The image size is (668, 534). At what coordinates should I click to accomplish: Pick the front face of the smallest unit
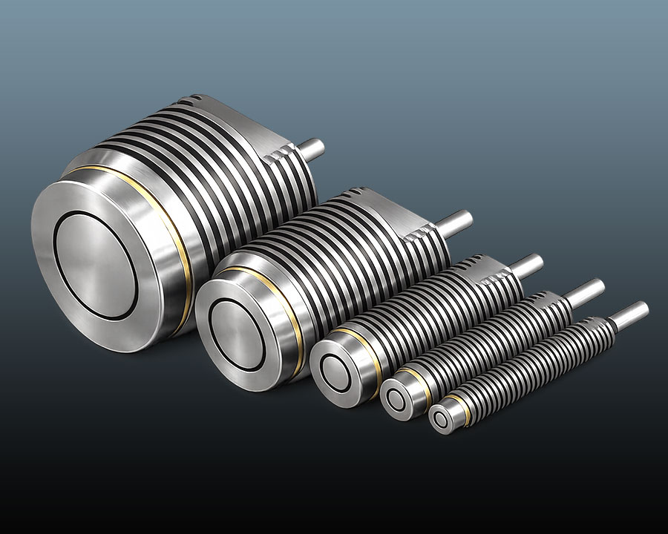coord(445,419)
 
